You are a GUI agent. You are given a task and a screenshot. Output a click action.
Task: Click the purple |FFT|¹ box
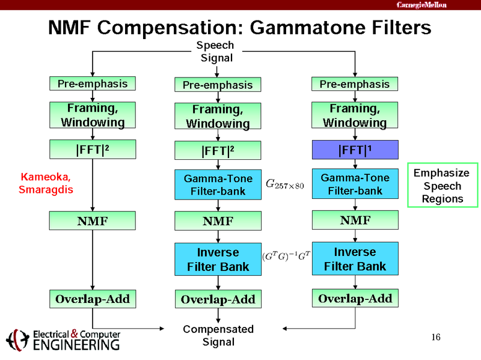click(x=355, y=149)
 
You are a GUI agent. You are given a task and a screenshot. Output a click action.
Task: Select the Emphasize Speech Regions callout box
click(x=442, y=185)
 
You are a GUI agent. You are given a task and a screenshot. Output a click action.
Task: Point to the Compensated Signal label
click(x=218, y=335)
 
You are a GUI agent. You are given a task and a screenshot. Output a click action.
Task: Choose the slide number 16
click(x=436, y=337)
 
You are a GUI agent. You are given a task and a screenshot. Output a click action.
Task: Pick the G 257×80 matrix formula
click(x=285, y=185)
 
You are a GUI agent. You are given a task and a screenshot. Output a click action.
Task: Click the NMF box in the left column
click(x=92, y=221)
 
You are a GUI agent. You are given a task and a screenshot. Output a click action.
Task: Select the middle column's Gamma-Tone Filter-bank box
click(x=218, y=185)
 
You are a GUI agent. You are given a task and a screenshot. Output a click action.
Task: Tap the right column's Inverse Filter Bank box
click(x=355, y=258)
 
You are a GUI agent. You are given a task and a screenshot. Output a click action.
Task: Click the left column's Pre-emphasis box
click(x=92, y=84)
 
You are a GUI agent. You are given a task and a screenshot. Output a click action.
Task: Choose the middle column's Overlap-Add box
click(x=218, y=299)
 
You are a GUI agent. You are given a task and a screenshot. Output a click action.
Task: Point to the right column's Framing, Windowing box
click(x=355, y=116)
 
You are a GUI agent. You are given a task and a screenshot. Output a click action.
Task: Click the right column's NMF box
click(x=355, y=220)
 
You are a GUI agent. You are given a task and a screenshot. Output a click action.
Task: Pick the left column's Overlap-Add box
click(x=92, y=298)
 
